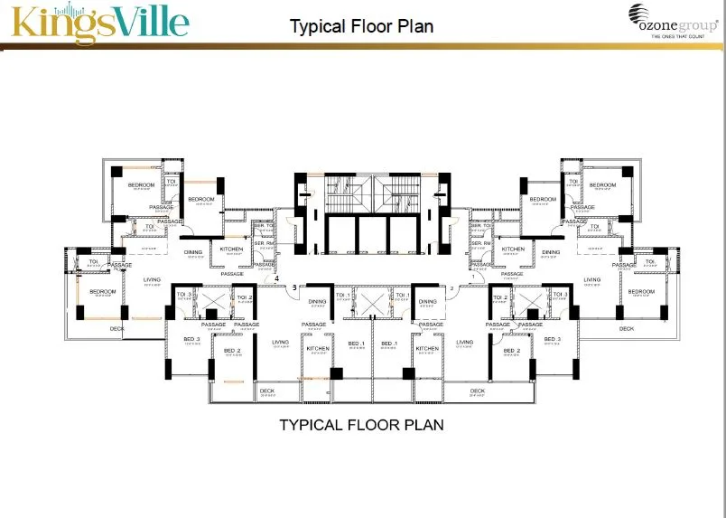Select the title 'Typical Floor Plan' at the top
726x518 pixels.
[x=361, y=25]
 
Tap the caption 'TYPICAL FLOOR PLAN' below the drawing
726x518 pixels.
[x=361, y=424]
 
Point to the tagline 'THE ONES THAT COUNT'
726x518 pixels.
[x=676, y=37]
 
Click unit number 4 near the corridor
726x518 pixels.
[x=277, y=279]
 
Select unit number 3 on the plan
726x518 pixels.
[x=294, y=288]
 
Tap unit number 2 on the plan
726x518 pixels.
[x=451, y=288]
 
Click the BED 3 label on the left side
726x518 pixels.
[x=191, y=339]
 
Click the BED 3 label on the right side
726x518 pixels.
[x=552, y=339]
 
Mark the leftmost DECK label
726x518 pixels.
[x=116, y=328]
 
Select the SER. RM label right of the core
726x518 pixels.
[x=479, y=243]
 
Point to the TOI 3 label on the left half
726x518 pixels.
[x=181, y=296]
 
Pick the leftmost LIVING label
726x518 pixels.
[x=152, y=279]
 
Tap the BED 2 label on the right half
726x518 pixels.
[x=512, y=350]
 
